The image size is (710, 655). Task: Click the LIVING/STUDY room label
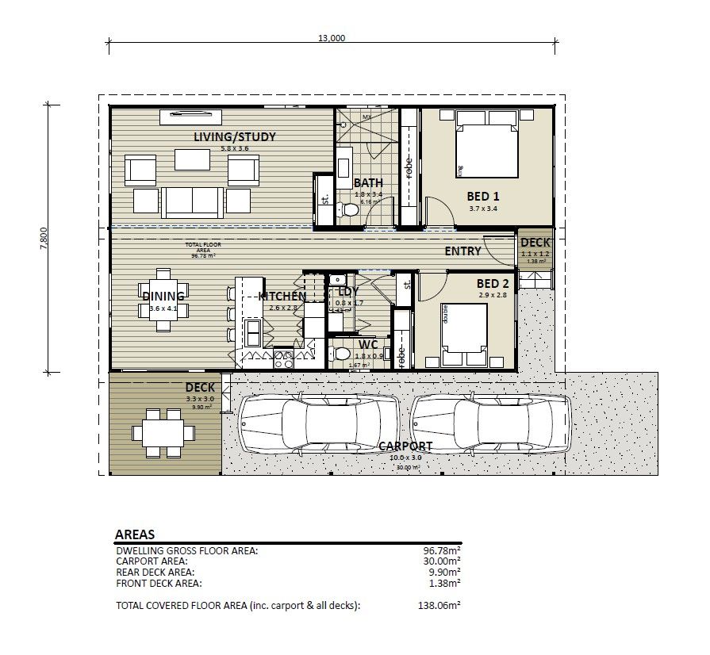(235, 136)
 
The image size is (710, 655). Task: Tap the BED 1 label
(483, 196)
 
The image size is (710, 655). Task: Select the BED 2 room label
(493, 283)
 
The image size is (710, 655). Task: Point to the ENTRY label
(462, 251)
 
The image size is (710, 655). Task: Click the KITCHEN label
(282, 297)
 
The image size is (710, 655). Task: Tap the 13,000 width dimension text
(332, 38)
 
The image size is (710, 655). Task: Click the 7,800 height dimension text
(44, 239)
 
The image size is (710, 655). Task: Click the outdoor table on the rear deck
(163, 432)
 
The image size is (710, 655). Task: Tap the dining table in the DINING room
(163, 301)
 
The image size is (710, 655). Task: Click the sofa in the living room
(193, 201)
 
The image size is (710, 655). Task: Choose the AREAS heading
(135, 534)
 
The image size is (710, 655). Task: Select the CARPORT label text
(405, 446)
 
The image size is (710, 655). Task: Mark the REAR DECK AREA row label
(155, 572)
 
